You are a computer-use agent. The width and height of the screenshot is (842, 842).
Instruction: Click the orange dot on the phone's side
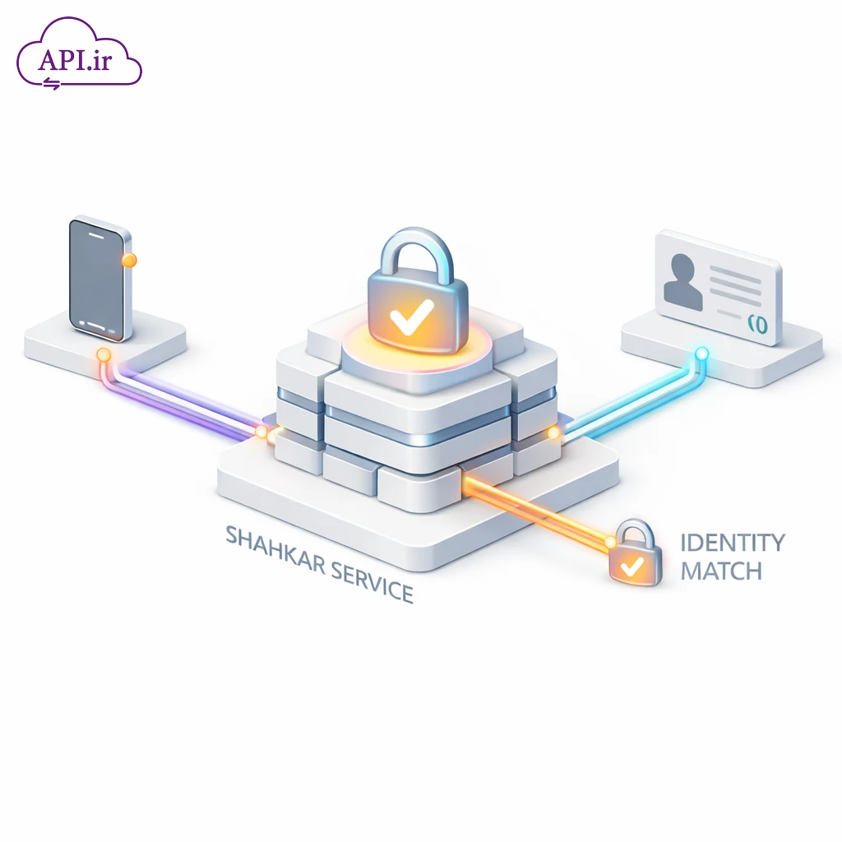pyautogui.click(x=128, y=261)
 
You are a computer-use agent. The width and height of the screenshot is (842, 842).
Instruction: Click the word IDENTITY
pyautogui.click(x=733, y=543)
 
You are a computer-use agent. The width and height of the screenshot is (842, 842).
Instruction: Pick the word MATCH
pyautogui.click(x=720, y=570)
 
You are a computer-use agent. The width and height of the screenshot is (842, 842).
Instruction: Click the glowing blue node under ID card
pyautogui.click(x=701, y=354)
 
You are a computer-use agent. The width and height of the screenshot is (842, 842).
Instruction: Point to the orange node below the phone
pyautogui.click(x=104, y=355)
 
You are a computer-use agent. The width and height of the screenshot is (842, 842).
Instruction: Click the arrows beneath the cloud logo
pyautogui.click(x=52, y=83)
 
